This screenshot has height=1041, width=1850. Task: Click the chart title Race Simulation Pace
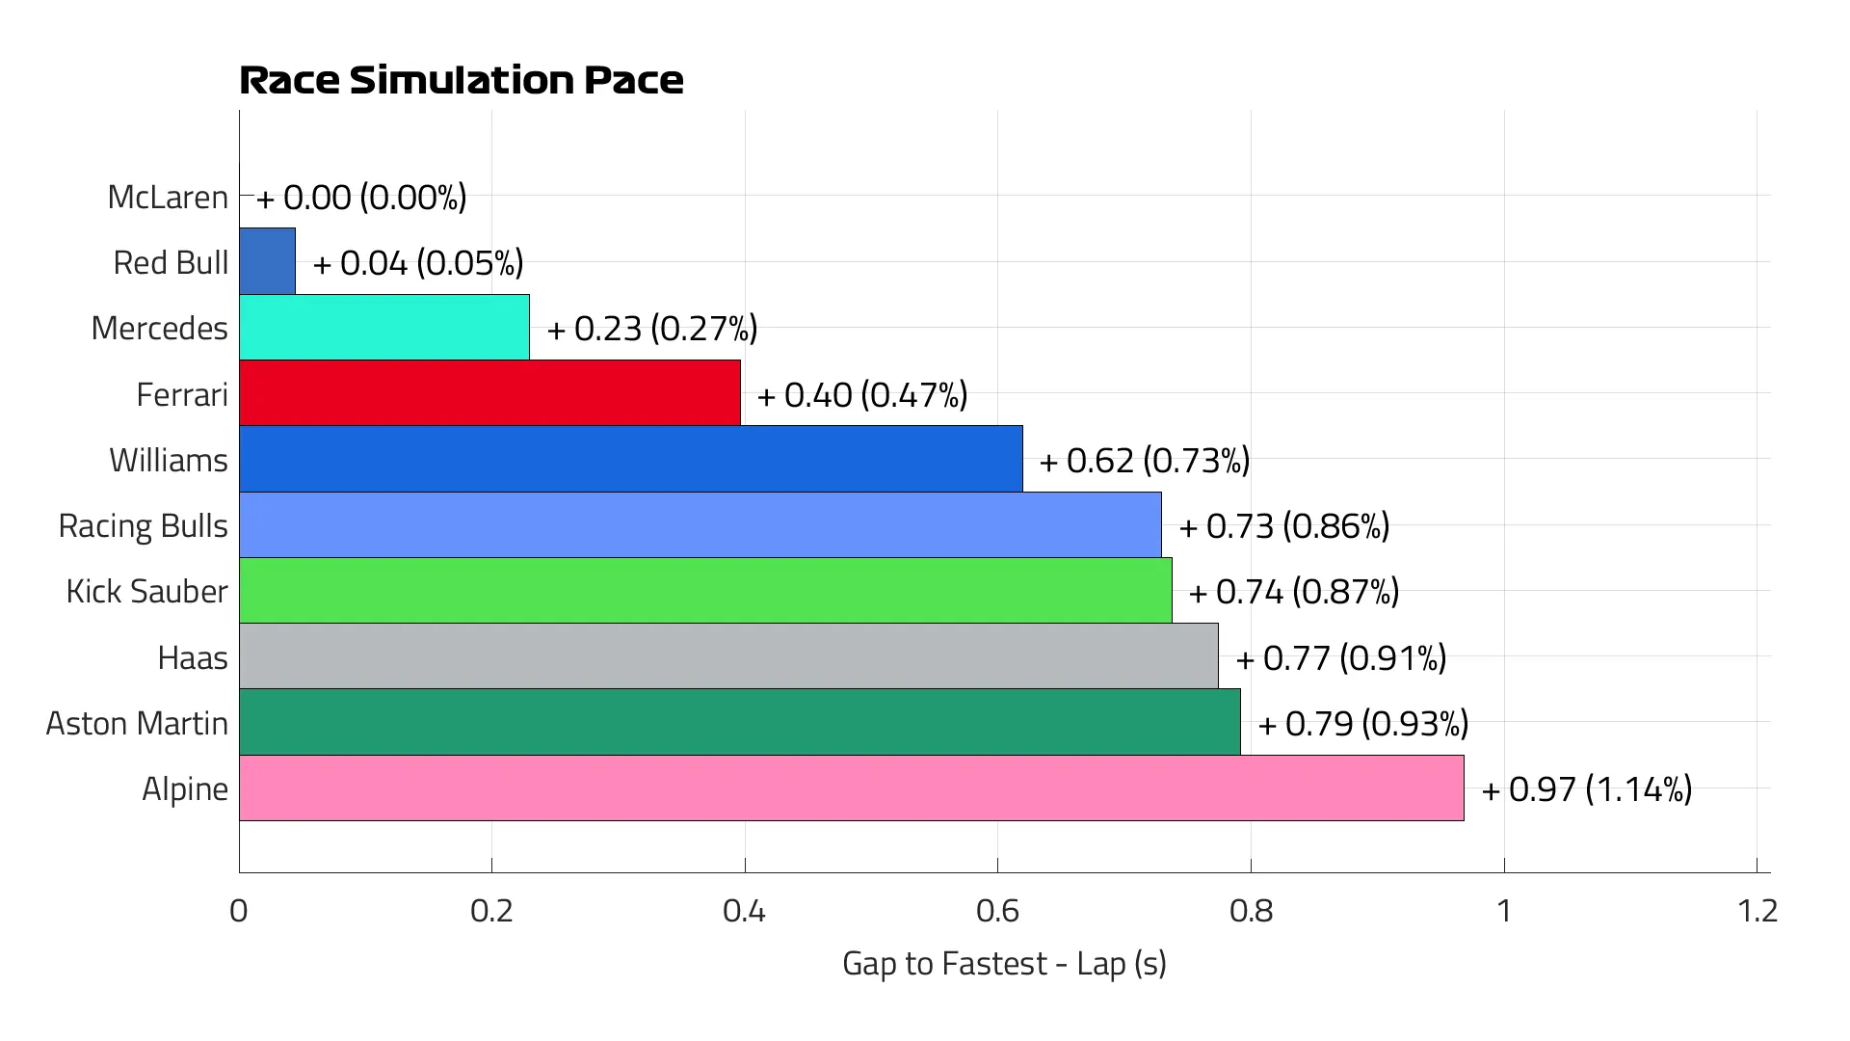[461, 80]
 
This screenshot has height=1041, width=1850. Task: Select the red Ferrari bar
[489, 393]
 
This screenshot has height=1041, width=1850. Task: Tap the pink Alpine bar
[851, 788]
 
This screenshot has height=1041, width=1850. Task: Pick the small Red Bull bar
[267, 261]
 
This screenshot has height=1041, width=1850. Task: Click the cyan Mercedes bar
[383, 328]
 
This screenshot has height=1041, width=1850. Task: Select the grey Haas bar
[728, 656]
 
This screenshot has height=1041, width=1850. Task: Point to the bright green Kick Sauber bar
[705, 591]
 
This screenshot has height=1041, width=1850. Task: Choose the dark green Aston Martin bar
[739, 722]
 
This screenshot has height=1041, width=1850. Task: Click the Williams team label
[168, 460]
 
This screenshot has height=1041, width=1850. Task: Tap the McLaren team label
[168, 197]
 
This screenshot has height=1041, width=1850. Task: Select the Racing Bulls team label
[143, 525]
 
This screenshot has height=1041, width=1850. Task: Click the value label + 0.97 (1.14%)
[1586, 789]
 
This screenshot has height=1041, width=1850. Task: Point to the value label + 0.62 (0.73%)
[1144, 461]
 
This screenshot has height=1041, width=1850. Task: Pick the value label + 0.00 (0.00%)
[360, 198]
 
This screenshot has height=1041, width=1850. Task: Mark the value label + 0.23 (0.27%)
[651, 329]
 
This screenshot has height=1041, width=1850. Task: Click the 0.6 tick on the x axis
[997, 911]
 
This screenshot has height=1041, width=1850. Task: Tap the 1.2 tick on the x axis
[1757, 911]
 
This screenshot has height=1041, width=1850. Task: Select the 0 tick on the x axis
[239, 911]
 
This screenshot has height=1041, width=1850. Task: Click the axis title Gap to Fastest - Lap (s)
[1004, 963]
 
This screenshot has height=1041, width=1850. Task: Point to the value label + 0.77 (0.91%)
[1340, 658]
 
